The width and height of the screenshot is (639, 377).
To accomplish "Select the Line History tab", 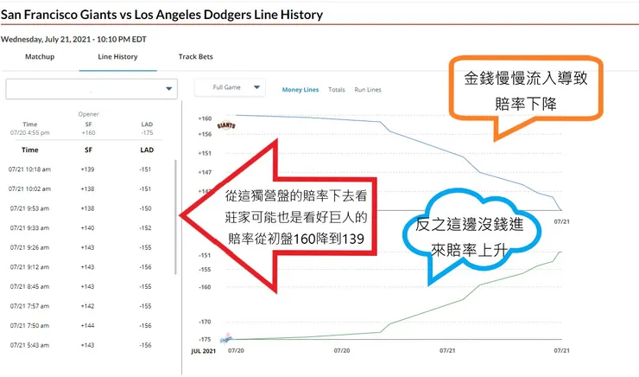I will [117, 57].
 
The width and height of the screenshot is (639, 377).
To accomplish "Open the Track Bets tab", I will [195, 57].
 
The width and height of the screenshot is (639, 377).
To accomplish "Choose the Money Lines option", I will [301, 89].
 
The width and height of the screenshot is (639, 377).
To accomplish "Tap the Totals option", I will [337, 89].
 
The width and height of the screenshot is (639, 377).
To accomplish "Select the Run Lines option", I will [368, 89].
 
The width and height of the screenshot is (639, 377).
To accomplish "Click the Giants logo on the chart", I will [226, 126].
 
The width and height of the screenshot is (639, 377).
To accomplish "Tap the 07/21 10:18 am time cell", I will [29, 169].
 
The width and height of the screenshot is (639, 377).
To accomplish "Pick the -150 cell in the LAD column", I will [146, 208].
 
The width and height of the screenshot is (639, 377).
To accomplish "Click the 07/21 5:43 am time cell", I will [29, 345].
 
